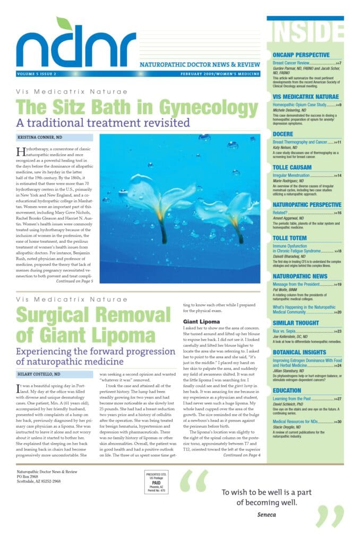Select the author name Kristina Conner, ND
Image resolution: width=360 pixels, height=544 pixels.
(x=39, y=138)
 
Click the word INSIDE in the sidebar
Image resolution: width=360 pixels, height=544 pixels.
(x=305, y=33)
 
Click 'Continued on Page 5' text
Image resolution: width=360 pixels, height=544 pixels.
(x=74, y=281)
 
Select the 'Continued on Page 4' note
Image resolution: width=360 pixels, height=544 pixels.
(x=242, y=455)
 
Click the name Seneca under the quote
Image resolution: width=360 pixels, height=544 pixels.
(x=264, y=514)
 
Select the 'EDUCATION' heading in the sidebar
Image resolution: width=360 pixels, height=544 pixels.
(x=287, y=390)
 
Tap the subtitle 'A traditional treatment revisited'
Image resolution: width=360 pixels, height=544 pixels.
(x=103, y=123)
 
